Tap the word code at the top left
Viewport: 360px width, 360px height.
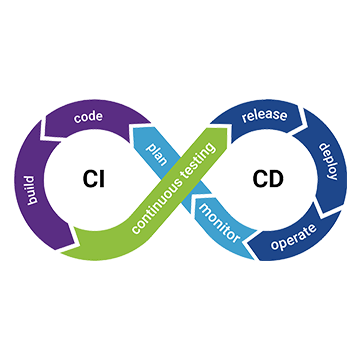point(88,115)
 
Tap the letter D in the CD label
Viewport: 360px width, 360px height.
point(274,180)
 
